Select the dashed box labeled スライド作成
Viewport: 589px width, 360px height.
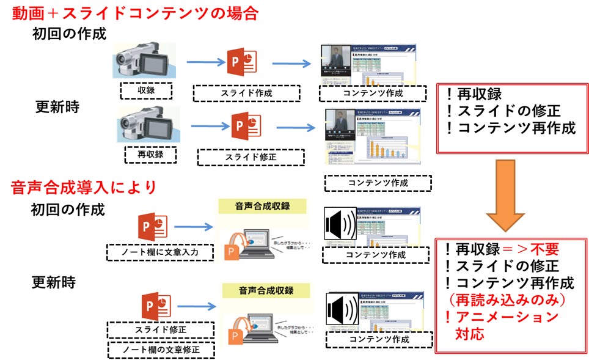point(246,94)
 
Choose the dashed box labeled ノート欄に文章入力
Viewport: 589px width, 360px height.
point(159,252)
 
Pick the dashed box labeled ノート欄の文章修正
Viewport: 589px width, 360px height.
point(162,350)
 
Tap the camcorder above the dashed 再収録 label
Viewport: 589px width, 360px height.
point(149,125)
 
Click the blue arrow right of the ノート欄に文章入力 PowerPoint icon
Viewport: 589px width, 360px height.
point(196,227)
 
